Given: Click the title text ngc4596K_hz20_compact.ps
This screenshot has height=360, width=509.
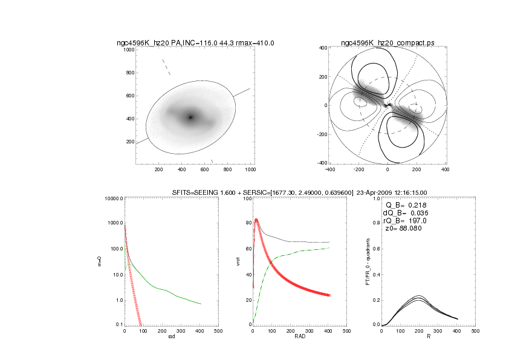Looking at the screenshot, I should click(x=387, y=42).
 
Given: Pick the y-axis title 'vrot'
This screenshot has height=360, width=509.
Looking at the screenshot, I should click(x=238, y=262).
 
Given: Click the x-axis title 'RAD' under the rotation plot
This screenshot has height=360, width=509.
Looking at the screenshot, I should click(x=299, y=337).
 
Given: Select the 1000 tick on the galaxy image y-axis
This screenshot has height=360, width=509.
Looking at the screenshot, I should click(x=129, y=50).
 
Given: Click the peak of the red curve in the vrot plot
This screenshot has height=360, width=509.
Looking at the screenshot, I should click(x=256, y=220).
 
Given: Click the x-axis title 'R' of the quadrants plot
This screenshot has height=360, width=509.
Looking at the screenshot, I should click(x=427, y=337).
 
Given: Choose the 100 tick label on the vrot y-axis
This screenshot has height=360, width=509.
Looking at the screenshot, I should click(x=247, y=198).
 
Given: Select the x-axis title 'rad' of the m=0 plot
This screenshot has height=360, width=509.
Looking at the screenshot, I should click(x=171, y=337).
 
